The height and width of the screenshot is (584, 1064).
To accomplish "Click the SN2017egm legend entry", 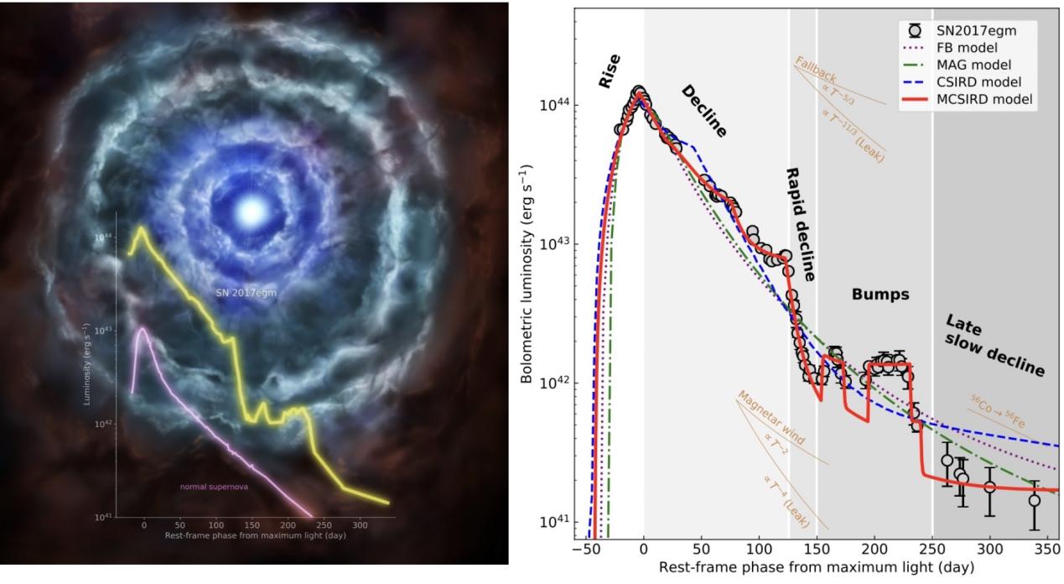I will [973, 30].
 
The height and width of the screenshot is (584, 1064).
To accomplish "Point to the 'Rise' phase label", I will [610, 72].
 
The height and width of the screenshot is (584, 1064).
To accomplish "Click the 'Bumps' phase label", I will [880, 295].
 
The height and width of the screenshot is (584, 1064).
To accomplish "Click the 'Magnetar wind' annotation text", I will [771, 419].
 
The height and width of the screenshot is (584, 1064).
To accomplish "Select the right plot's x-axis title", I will [817, 568].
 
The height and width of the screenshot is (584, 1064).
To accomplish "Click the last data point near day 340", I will [1035, 501].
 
